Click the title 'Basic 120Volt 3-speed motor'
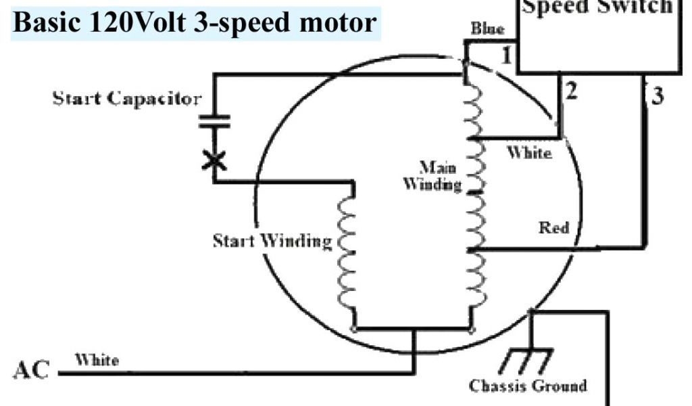tap(195, 23)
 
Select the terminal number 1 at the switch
tap(506, 56)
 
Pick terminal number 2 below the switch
tap(571, 91)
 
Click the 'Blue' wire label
tap(487, 29)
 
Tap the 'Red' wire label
tap(553, 227)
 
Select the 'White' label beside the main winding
tap(529, 153)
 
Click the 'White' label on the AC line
tap(97, 359)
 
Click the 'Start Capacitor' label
tap(126, 99)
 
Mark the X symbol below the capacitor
tap(214, 160)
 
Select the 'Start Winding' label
tap(272, 241)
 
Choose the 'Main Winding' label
tap(433, 175)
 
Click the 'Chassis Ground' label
tap(528, 386)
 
